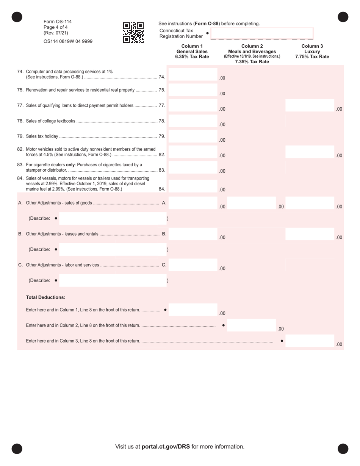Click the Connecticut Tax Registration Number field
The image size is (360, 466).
point(261,33)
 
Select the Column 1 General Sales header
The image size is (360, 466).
point(192,52)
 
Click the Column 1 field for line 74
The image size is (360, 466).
point(193,75)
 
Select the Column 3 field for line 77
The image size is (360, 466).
point(309,106)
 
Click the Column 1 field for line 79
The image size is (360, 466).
point(193,137)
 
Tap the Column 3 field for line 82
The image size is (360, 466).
point(309,152)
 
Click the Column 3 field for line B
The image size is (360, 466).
point(309,234)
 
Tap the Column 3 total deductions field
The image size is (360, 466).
point(309,341)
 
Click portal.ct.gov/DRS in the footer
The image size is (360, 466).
point(166,447)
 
